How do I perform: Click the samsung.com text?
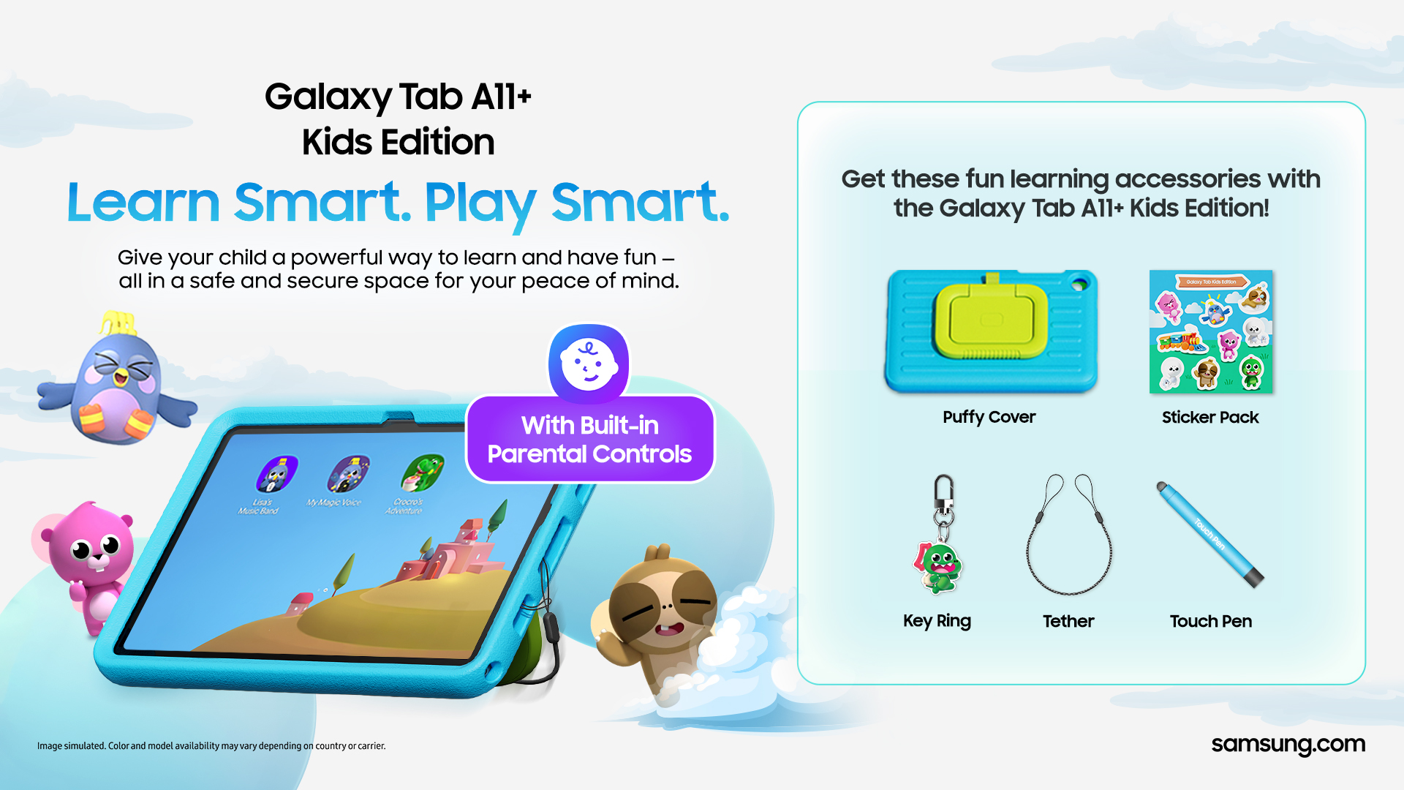click(1288, 745)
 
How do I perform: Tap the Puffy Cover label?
click(989, 417)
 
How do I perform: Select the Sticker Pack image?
click(1210, 331)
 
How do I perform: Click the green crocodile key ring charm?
click(940, 568)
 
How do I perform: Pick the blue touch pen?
click(1209, 534)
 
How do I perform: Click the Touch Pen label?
click(1210, 621)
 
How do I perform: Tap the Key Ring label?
click(937, 621)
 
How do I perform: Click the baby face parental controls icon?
click(589, 364)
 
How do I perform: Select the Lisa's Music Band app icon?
click(276, 475)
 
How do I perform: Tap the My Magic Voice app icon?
click(347, 474)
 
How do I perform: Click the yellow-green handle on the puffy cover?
click(991, 320)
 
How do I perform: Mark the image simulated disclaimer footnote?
click(211, 746)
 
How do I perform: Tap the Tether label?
click(1068, 621)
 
